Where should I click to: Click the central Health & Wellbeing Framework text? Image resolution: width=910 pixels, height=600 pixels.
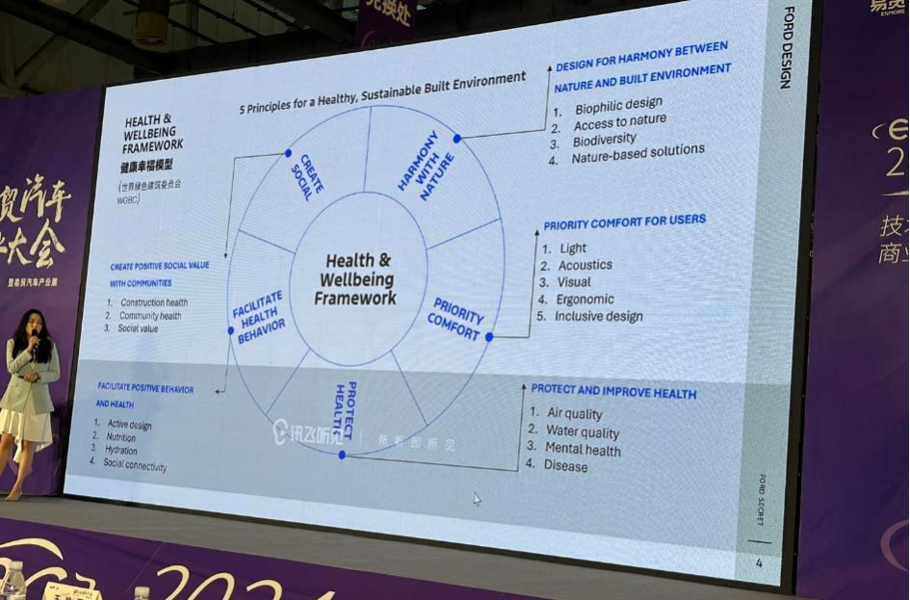pos(356,279)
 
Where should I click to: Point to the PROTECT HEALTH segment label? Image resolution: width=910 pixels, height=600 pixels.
pos(346,404)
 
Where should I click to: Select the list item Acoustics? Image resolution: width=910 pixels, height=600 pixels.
pos(585,265)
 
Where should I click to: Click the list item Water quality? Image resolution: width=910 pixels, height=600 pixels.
pos(583,432)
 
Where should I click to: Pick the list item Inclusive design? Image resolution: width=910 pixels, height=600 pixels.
pos(598,316)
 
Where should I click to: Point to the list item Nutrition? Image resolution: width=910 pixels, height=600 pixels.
pos(121,436)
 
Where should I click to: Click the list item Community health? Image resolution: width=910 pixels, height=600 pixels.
pos(149,315)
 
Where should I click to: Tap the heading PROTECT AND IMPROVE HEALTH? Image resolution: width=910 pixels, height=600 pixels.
pos(613,392)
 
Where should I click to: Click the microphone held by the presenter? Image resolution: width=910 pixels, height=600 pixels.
pos(35,336)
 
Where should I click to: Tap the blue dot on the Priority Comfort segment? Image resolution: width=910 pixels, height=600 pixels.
pos(489,337)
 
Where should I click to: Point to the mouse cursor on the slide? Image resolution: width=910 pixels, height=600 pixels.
pos(477,499)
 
